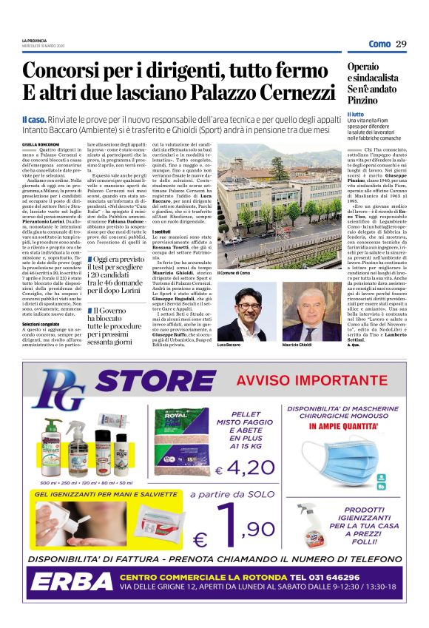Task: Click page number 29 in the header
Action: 402,44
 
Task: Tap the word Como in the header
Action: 379,44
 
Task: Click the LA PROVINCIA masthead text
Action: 34,40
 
